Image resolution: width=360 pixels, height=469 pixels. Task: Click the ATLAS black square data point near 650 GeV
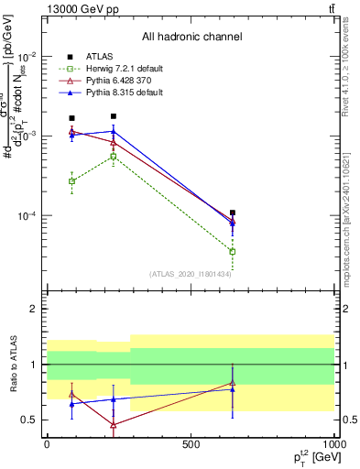[x=233, y=213]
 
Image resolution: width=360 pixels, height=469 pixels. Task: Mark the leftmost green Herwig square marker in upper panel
[x=72, y=181]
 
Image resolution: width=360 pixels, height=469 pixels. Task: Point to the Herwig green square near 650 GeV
[x=233, y=251]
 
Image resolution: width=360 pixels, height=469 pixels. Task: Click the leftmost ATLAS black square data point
[x=72, y=118]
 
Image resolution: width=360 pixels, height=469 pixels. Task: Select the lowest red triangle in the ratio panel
[x=113, y=425]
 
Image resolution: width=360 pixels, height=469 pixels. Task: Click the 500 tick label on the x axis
[x=191, y=443]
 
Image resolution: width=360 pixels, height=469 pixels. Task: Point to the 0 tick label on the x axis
[x=46, y=443]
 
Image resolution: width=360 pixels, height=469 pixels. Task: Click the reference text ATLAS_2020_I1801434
[x=191, y=274]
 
